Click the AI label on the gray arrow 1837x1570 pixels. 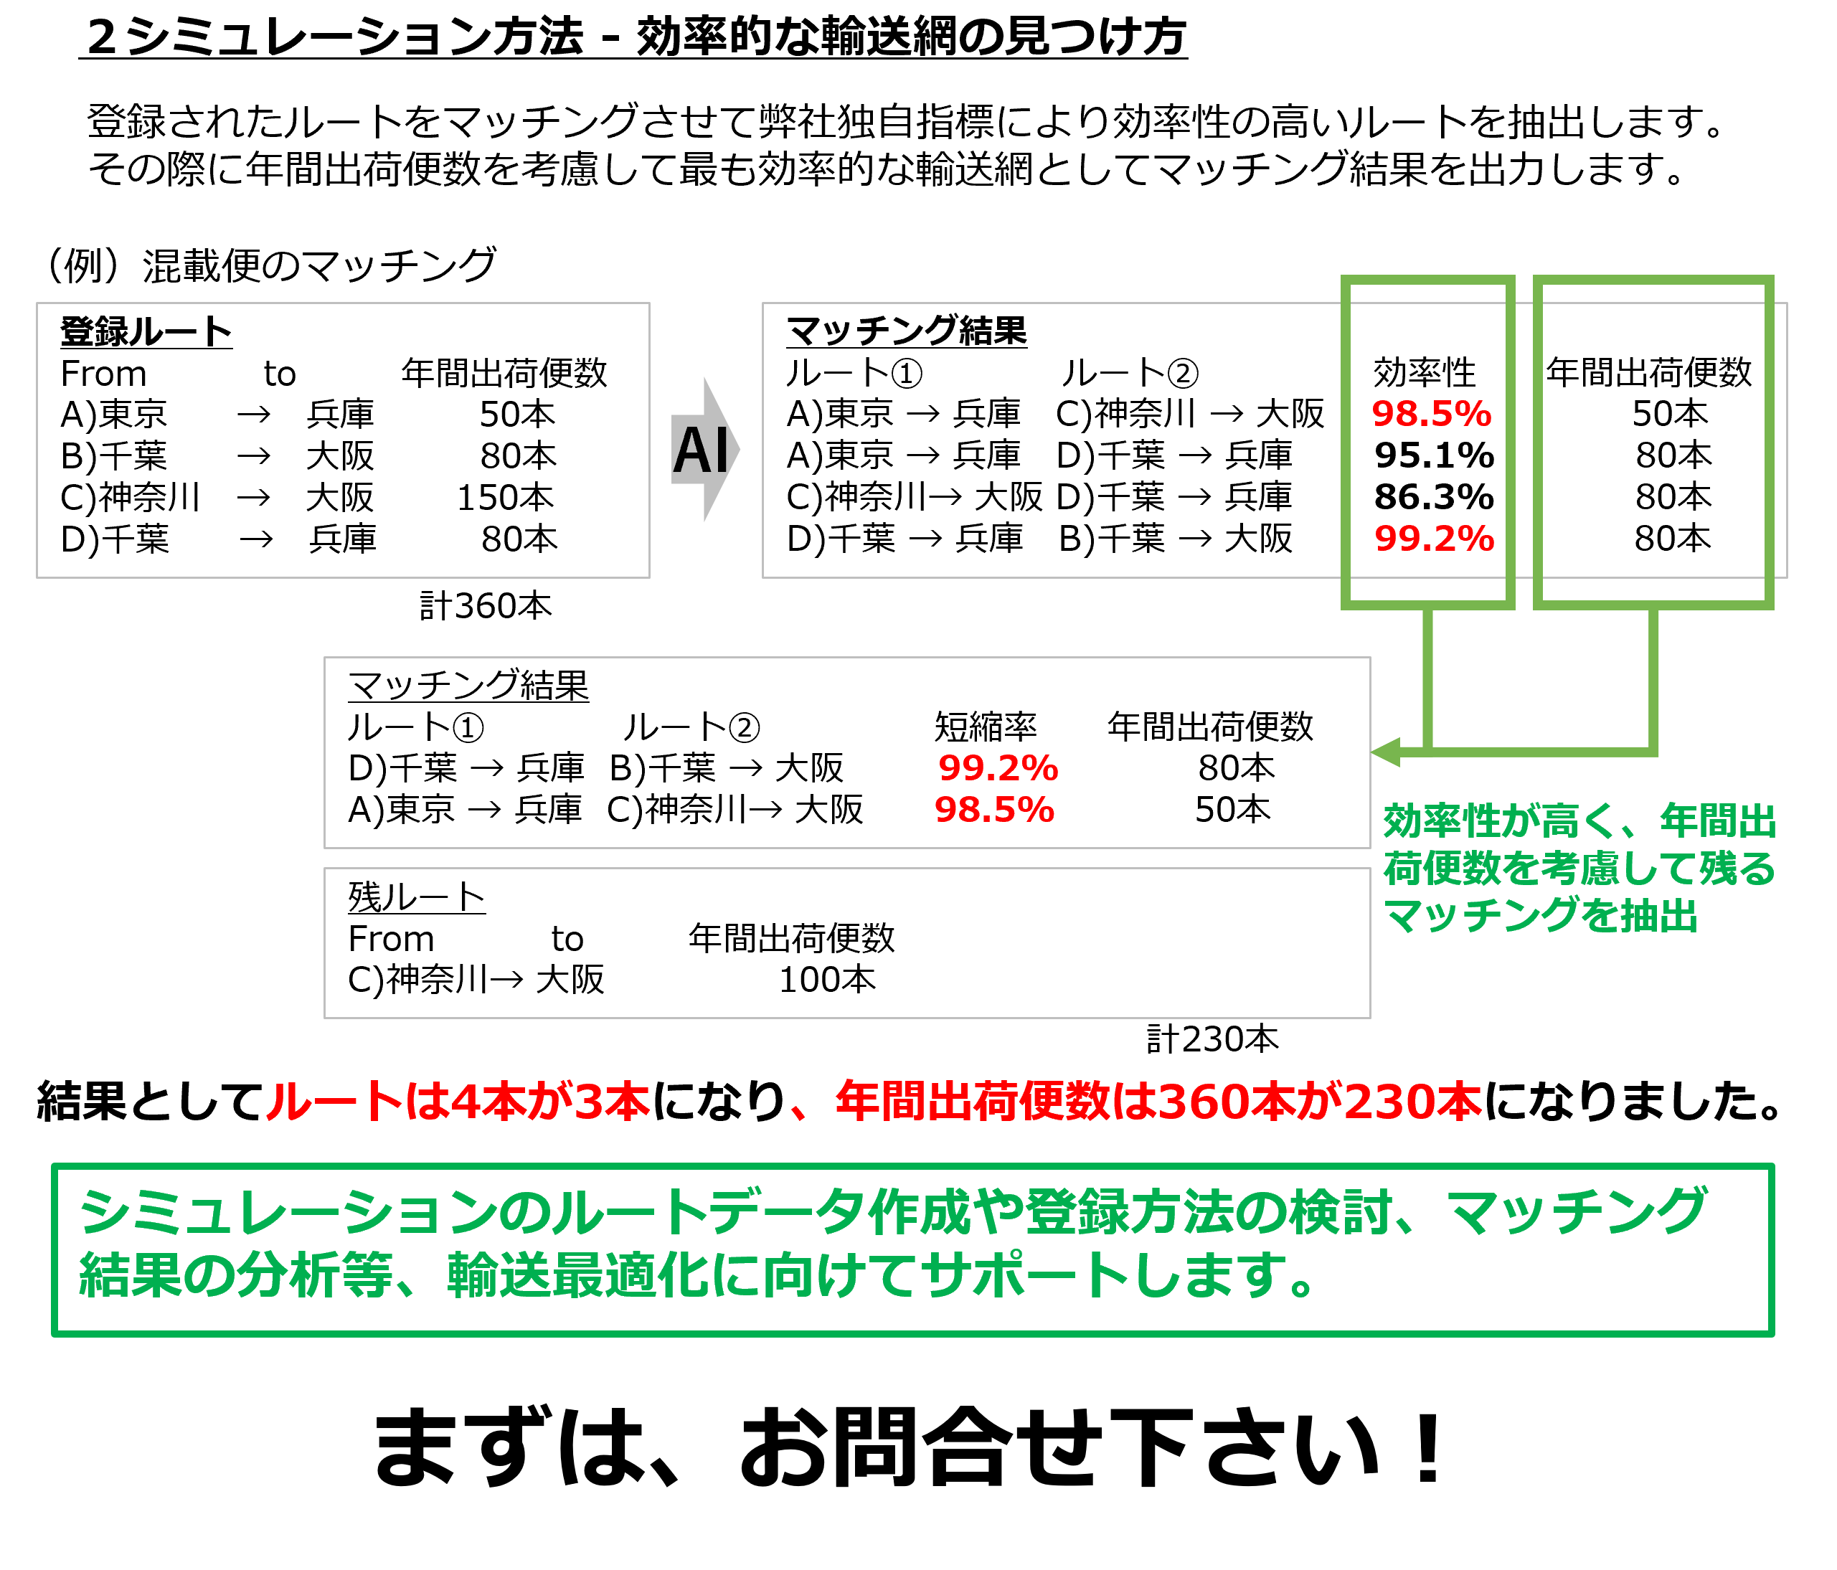(x=700, y=450)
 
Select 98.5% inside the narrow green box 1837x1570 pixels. (x=1431, y=414)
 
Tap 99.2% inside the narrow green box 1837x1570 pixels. (x=1434, y=538)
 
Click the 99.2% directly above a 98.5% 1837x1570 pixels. (x=998, y=767)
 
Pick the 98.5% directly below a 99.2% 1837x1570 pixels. (x=995, y=809)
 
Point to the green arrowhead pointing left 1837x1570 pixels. (x=1385, y=752)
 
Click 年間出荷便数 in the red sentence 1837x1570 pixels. (x=973, y=1102)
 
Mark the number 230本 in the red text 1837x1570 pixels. (x=1412, y=1102)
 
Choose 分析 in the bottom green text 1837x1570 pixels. (x=288, y=1276)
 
